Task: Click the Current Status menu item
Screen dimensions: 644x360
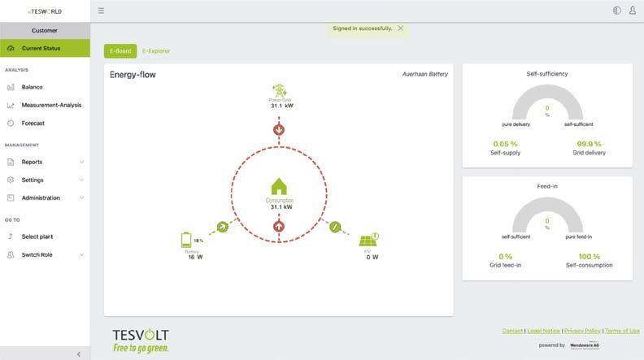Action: tap(45, 48)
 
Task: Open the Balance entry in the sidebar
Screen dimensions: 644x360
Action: tap(33, 87)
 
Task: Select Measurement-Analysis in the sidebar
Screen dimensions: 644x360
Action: tap(51, 105)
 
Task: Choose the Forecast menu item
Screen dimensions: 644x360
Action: tap(33, 124)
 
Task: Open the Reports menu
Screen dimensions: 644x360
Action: tap(33, 162)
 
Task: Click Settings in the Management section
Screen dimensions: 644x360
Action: tap(33, 180)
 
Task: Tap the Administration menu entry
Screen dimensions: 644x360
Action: tap(41, 197)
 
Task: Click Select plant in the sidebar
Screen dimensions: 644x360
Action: tap(37, 236)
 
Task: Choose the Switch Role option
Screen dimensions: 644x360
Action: tap(37, 254)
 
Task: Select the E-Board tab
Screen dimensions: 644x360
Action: tap(120, 51)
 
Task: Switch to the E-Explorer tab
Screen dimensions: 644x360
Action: tap(156, 51)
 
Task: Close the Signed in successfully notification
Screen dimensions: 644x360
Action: tap(400, 28)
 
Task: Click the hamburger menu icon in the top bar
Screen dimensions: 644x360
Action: tap(101, 11)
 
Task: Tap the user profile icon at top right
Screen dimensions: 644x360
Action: tap(633, 11)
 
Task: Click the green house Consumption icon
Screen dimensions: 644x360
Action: tap(279, 187)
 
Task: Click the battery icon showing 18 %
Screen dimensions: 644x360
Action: tap(186, 240)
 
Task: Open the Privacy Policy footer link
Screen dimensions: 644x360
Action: tap(582, 331)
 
